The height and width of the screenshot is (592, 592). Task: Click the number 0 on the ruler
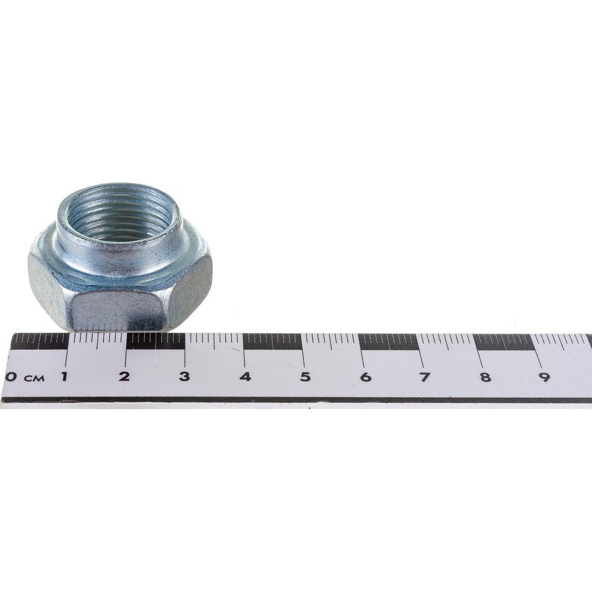(x=11, y=377)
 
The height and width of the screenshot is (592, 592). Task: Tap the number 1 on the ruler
(x=65, y=377)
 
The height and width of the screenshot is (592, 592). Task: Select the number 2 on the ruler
(x=124, y=377)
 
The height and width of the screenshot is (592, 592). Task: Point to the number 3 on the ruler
(x=184, y=377)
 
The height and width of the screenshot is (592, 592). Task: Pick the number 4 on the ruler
(x=246, y=377)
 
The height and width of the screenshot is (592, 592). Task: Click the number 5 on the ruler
(x=305, y=377)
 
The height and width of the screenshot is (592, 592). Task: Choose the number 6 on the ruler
(x=365, y=377)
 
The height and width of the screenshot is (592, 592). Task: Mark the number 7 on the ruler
(x=424, y=377)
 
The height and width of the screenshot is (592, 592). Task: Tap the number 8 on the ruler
(x=485, y=377)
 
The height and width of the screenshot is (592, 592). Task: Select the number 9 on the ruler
(x=545, y=377)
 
